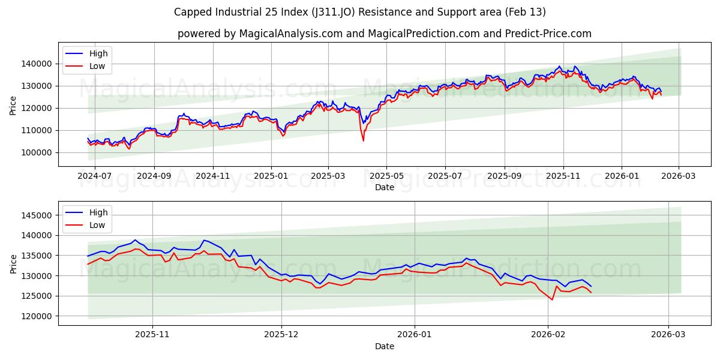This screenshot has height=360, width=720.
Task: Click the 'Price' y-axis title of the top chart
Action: pyautogui.click(x=13, y=106)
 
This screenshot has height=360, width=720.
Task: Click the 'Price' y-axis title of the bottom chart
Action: pyautogui.click(x=13, y=264)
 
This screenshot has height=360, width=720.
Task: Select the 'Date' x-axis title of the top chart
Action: pyautogui.click(x=384, y=187)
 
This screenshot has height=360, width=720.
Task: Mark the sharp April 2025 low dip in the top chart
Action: pyautogui.click(x=363, y=140)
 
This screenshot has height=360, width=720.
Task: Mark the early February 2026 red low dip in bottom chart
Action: pyautogui.click(x=552, y=299)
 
